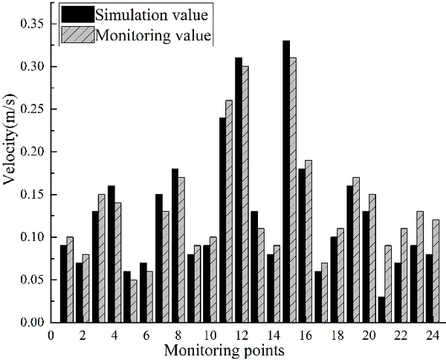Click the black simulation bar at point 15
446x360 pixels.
(285, 181)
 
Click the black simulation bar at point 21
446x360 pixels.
(381, 309)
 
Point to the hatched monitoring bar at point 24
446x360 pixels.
(436, 271)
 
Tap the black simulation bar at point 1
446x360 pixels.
(64, 283)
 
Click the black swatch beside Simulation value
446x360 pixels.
(79, 13)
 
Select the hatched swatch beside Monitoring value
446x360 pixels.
(79, 34)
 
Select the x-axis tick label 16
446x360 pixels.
(305, 335)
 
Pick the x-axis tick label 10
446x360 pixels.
(210, 335)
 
